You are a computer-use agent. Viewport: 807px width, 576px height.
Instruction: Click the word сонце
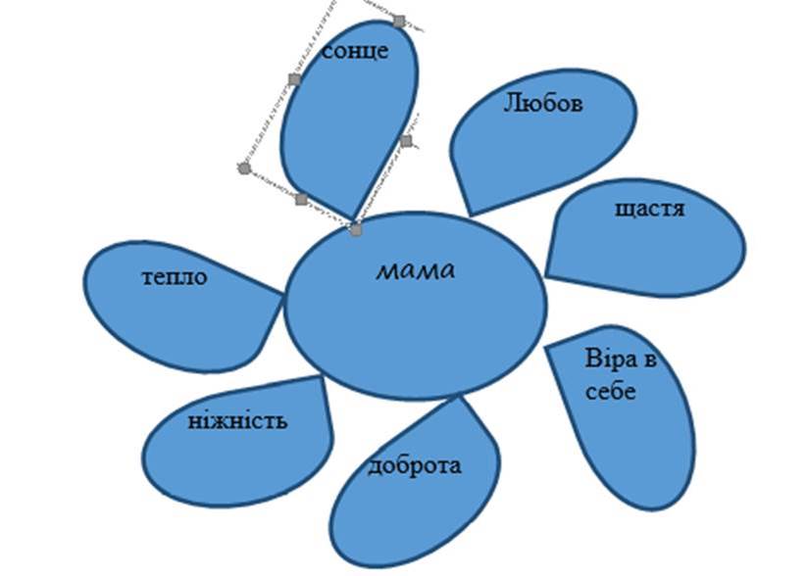[x=355, y=52]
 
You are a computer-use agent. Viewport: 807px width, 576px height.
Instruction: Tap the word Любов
[x=543, y=102]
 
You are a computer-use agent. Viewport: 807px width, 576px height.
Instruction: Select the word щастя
[x=649, y=209]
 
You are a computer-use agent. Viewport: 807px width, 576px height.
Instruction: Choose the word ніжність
[x=238, y=421]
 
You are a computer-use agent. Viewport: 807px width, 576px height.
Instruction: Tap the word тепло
[x=175, y=277]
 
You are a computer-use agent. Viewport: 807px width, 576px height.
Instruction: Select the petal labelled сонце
[x=348, y=127]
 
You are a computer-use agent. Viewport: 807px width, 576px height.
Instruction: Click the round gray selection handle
[x=244, y=168]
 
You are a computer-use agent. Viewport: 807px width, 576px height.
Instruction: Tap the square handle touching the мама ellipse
[x=356, y=230]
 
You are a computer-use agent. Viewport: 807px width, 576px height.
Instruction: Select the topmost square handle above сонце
[x=398, y=20]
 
